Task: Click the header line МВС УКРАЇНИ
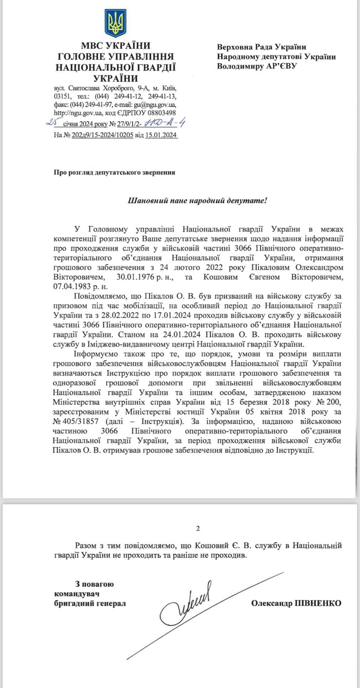point(116,47)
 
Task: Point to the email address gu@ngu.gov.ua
point(157,105)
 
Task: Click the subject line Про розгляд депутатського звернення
point(114,172)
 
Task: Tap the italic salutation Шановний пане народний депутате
point(197,200)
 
